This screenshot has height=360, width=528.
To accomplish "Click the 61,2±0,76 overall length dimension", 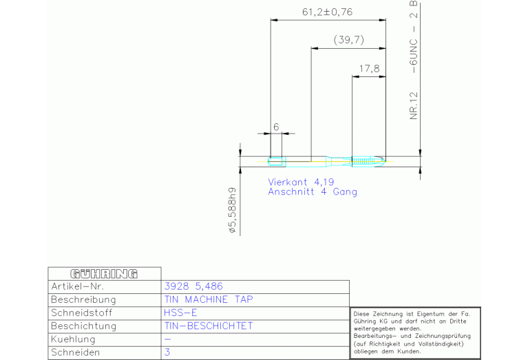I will (x=327, y=12).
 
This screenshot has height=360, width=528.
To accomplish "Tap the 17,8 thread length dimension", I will (x=369, y=69).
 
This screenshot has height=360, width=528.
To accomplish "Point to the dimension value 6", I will (x=275, y=126).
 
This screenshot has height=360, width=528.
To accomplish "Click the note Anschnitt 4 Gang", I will (x=312, y=192).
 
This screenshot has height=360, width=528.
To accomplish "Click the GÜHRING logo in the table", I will (x=104, y=273).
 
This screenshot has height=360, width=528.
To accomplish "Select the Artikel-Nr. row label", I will (x=77, y=286).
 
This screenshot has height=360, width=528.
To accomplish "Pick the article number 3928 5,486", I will (x=194, y=286).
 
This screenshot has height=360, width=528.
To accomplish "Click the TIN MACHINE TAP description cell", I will (x=209, y=299).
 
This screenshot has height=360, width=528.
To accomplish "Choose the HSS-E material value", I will (x=180, y=313).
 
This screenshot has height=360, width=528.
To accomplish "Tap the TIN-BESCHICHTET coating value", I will (x=209, y=326).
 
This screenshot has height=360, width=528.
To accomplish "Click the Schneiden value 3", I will (x=167, y=352).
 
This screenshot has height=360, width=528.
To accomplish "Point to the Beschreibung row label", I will (x=83, y=299).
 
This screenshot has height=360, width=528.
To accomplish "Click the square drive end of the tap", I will (x=277, y=162).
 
